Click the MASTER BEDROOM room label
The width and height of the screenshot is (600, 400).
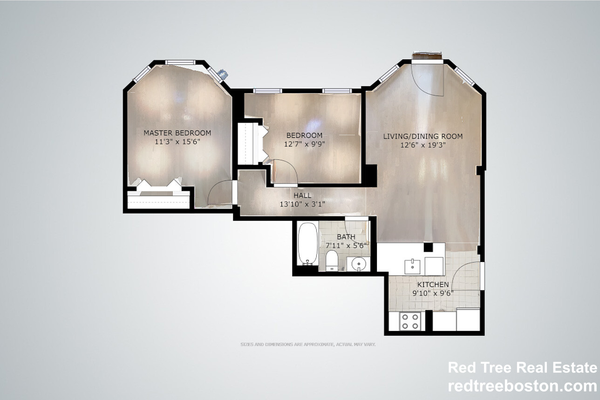point(177,133)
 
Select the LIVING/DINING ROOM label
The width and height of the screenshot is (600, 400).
point(423,136)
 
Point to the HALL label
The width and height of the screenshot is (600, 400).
point(302,195)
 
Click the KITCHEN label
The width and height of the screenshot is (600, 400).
point(433,284)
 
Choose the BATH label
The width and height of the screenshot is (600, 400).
point(346,237)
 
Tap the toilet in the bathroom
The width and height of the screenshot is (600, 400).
point(332,260)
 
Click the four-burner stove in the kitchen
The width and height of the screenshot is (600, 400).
point(410,321)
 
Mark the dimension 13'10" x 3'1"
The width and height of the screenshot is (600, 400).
point(302,204)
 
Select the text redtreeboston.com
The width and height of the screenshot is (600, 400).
point(522,386)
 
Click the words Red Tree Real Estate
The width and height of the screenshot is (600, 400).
point(522,368)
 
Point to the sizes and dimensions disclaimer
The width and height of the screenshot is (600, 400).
point(307,345)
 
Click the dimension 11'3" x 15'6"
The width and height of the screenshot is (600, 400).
point(177,142)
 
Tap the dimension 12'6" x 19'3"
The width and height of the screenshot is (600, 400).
point(423,145)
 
